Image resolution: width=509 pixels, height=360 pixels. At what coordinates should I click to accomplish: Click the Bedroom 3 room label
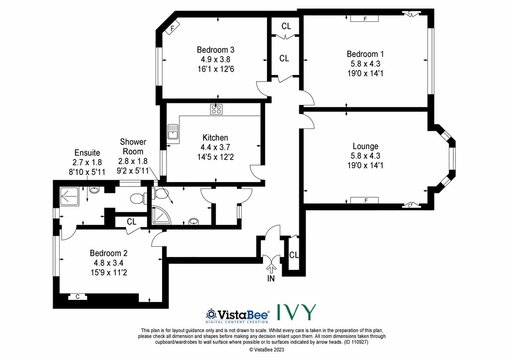pos(216,50)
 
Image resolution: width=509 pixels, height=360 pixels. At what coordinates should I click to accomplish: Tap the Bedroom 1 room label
pos(365,54)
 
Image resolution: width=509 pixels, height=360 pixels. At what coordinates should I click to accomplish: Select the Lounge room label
pos(365,146)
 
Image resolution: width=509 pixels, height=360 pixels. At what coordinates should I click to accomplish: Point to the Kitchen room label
pos(215,138)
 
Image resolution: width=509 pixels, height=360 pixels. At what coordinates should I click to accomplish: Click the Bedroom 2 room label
pos(108,253)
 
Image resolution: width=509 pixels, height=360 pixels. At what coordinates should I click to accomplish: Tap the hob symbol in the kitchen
pos(216,109)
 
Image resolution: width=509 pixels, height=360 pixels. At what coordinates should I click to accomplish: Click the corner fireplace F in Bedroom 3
pos(172,28)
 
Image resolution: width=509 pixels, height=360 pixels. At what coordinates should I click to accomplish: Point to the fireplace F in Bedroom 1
pos(364,19)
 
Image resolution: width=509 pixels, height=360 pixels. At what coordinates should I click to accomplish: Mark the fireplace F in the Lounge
pos(364,200)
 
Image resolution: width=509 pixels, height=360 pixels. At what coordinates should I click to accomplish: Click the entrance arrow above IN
pos(271,269)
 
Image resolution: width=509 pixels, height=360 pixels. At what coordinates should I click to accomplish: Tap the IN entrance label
pos(271,278)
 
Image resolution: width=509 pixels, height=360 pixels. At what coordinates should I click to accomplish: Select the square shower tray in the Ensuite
pos(69,196)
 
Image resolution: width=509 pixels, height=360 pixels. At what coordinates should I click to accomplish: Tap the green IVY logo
pos(296,312)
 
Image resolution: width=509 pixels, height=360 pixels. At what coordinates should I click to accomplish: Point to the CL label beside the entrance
pos(294,255)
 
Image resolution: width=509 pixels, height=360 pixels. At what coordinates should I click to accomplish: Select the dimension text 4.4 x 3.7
pos(215,147)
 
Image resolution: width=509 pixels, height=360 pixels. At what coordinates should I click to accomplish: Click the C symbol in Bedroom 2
pos(78,297)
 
